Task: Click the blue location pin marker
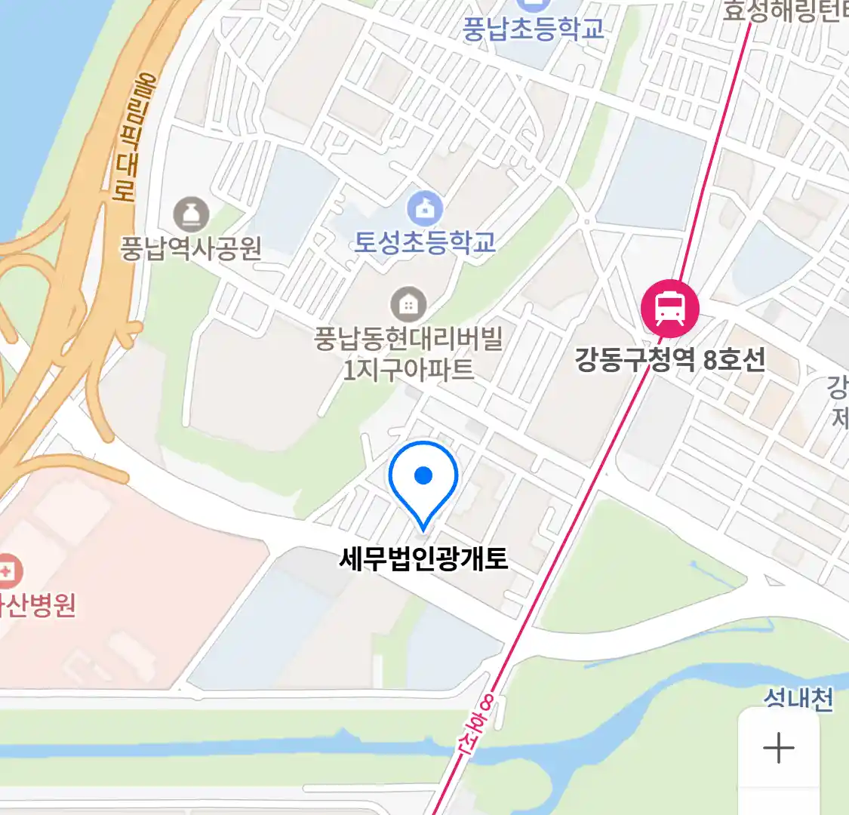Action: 423,483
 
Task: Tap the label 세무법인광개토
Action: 423,559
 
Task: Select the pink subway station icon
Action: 669,308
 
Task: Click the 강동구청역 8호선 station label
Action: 669,359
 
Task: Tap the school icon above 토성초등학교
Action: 425,208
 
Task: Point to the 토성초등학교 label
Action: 425,241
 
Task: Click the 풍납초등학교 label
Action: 533,29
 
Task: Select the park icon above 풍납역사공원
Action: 191,215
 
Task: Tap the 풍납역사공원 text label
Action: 191,248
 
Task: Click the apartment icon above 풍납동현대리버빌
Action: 408,305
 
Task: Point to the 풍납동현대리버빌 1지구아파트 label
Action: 408,353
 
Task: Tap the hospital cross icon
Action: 8,570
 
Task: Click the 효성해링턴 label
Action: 785,11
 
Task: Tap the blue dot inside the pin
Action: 423,475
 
